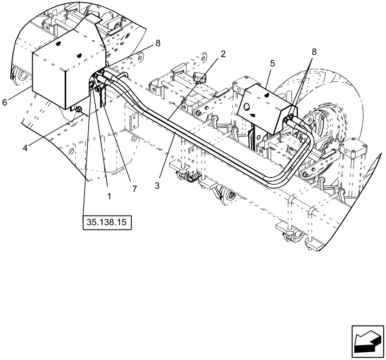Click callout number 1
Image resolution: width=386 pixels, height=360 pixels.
point(109,196)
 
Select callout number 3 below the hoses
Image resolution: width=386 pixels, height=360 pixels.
point(157,185)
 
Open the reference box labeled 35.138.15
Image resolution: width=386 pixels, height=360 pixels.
point(107,223)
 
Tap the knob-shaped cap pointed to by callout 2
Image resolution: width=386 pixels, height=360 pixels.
point(200,77)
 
